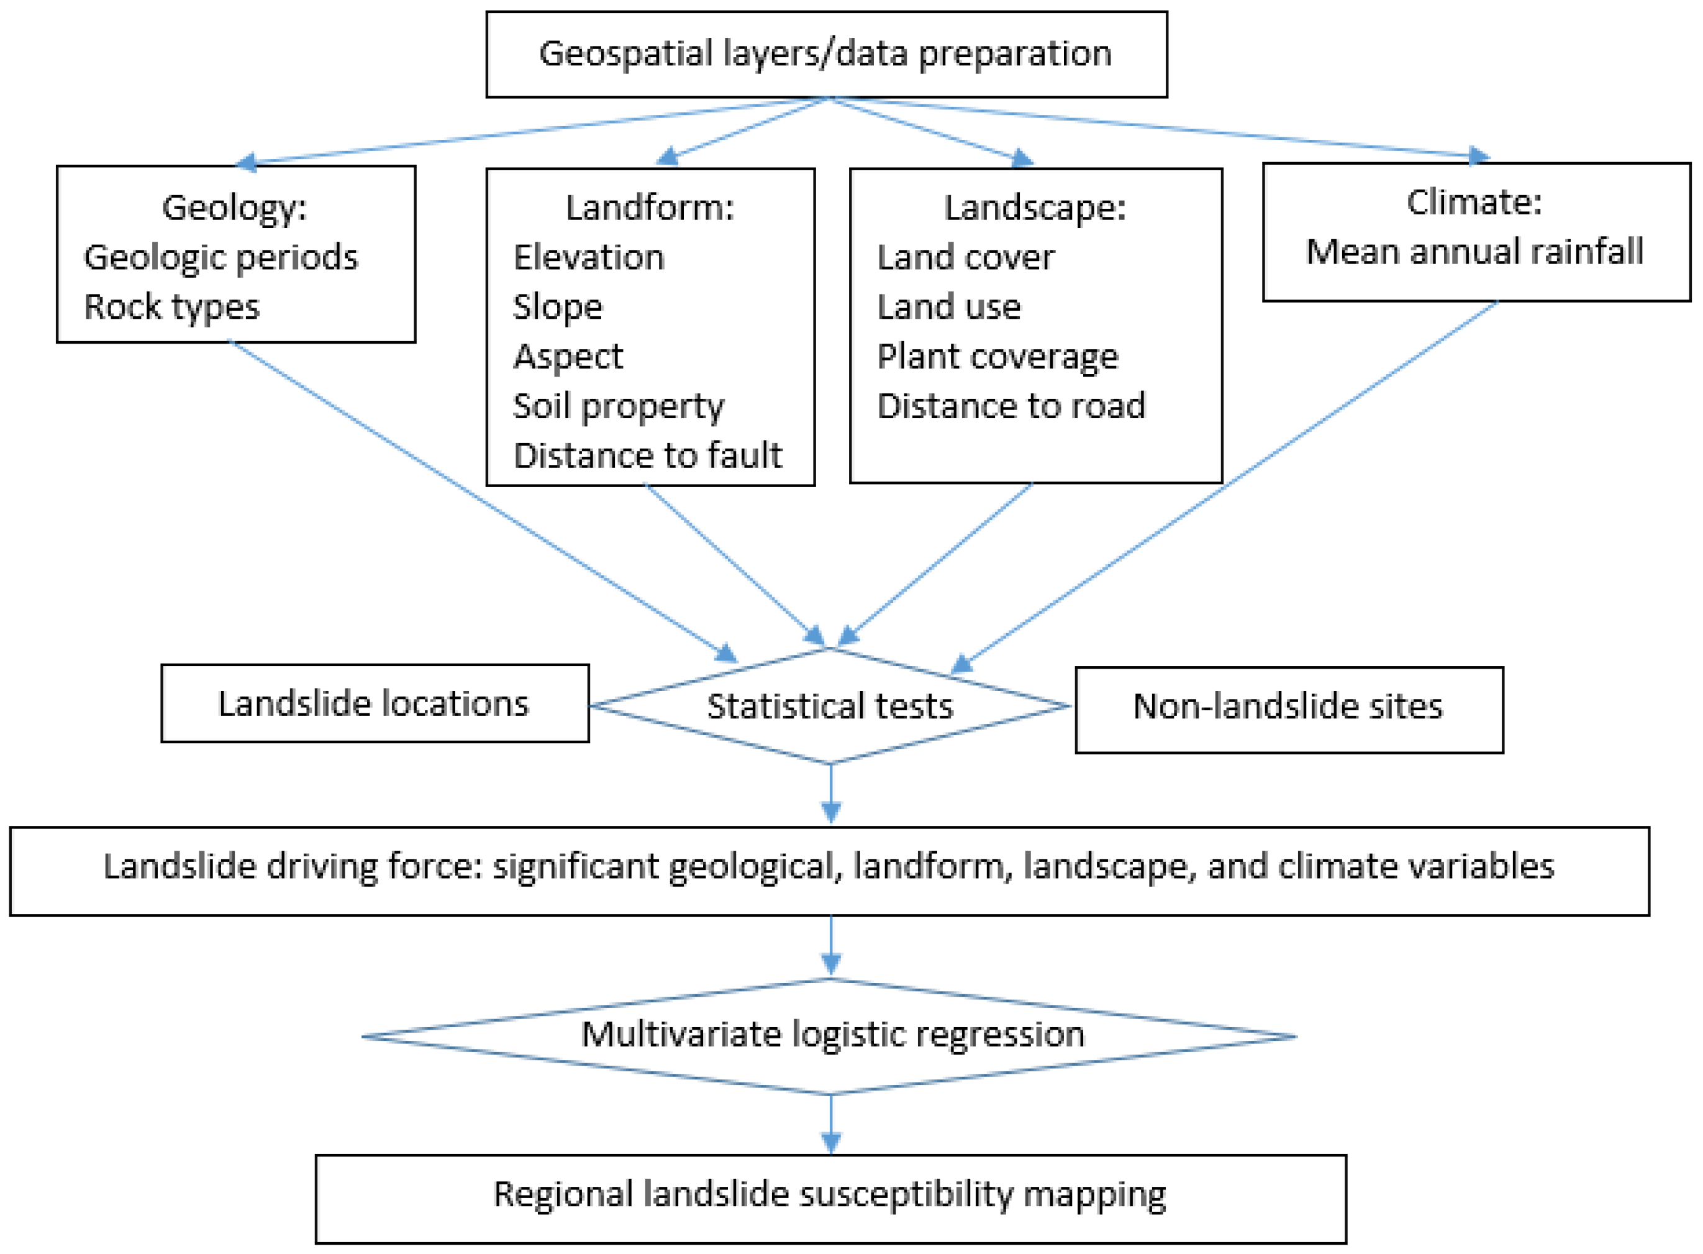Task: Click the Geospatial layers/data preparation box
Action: tap(825, 54)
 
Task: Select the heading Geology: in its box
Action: tap(234, 207)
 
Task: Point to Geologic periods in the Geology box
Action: tap(220, 257)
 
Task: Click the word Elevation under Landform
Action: tap(589, 257)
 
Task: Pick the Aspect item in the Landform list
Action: tap(568, 356)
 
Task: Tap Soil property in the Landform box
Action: tap(618, 406)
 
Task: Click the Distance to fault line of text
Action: tap(647, 455)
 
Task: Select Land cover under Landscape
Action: tap(965, 257)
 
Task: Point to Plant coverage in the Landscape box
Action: tap(997, 356)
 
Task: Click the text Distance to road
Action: tap(1010, 406)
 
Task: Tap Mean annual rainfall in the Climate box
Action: tap(1474, 251)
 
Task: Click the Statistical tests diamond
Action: tap(829, 706)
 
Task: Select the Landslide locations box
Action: tap(374, 703)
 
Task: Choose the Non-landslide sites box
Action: tap(1287, 707)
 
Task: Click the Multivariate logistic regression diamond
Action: tap(832, 1035)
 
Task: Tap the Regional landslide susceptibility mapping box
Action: tap(830, 1195)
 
